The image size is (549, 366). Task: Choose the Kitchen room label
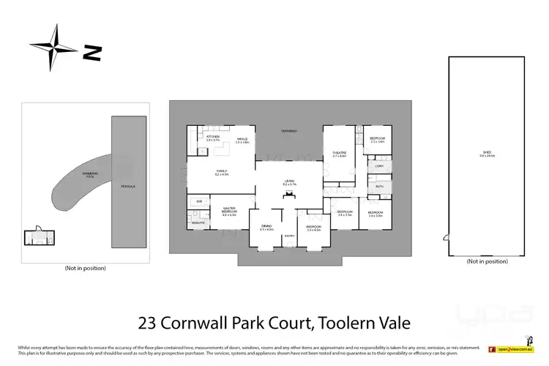coord(213,138)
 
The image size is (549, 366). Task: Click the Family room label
coord(222,173)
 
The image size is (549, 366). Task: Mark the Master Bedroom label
coord(228,212)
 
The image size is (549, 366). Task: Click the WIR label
coord(198,200)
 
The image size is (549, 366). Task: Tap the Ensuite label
coord(198,223)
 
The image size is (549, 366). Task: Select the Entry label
coord(289,235)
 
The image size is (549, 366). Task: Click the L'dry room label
coord(378,166)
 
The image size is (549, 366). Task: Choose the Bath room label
coord(378,187)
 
